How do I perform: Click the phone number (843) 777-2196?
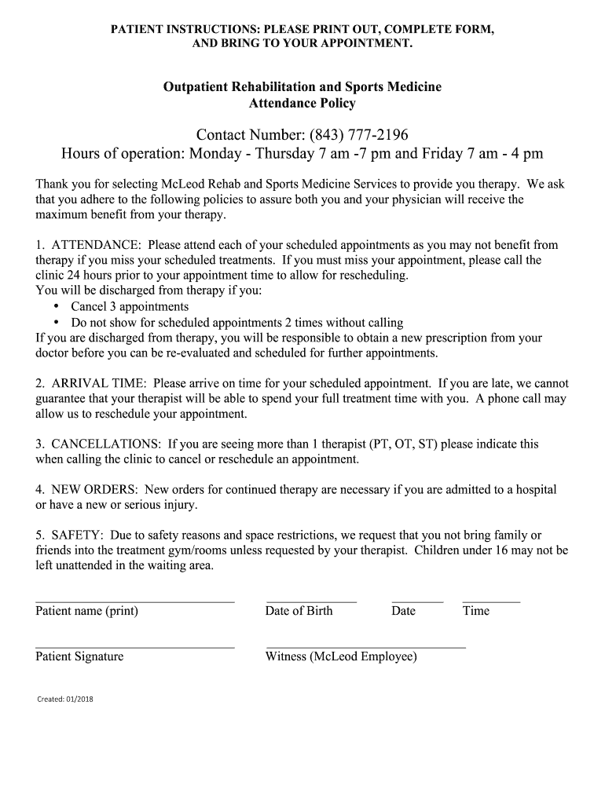[x=359, y=134]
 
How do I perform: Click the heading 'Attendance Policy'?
[x=302, y=103]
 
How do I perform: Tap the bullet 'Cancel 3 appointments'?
[x=130, y=306]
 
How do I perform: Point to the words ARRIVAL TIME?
[x=98, y=383]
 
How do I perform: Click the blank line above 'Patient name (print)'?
[x=135, y=601]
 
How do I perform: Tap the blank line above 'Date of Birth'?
[x=311, y=601]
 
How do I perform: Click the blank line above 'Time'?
[x=491, y=601]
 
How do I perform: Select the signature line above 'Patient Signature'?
[x=135, y=648]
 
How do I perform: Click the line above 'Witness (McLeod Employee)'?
[x=365, y=648]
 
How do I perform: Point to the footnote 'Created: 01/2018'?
[x=65, y=699]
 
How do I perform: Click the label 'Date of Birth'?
[x=299, y=611]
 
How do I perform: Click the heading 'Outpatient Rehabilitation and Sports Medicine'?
[x=302, y=86]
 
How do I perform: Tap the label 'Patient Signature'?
[x=79, y=656]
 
